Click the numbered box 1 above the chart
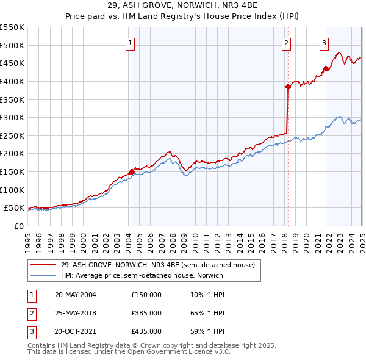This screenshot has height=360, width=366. tap(131, 43)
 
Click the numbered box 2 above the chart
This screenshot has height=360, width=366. tap(286, 43)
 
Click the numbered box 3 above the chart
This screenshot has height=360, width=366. tap(324, 43)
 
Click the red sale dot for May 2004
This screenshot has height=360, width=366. tap(132, 171)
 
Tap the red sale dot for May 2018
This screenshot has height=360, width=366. tap(288, 87)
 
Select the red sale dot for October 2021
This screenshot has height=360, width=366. tap(326, 68)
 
